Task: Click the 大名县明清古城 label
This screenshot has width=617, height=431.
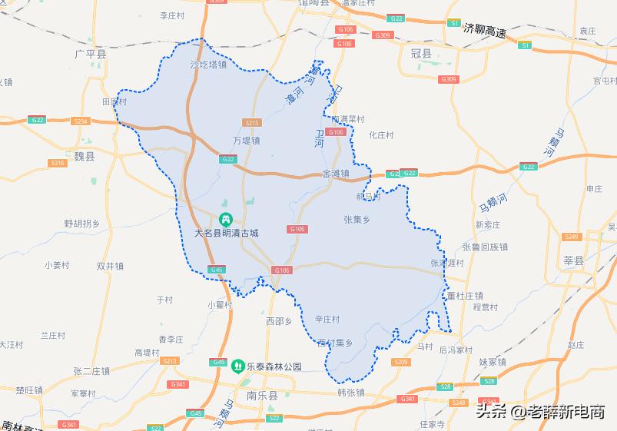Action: point(227,232)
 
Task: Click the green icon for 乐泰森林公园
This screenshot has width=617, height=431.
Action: point(238,366)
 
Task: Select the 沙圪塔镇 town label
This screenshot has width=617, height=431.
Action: point(208,65)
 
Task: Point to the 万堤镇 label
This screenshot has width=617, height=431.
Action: point(246,141)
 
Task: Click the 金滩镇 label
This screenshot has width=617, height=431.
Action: point(336,174)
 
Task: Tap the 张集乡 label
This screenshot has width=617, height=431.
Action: point(358,219)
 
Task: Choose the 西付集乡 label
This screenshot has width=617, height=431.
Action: point(334,343)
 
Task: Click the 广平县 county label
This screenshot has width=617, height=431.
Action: point(91,55)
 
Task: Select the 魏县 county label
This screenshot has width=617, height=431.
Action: point(85,156)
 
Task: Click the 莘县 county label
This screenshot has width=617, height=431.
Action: point(573,261)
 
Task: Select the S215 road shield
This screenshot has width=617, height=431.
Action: point(250,123)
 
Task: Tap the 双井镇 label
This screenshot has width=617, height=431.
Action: point(110,266)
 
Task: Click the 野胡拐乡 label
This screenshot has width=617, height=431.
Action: point(81,224)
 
